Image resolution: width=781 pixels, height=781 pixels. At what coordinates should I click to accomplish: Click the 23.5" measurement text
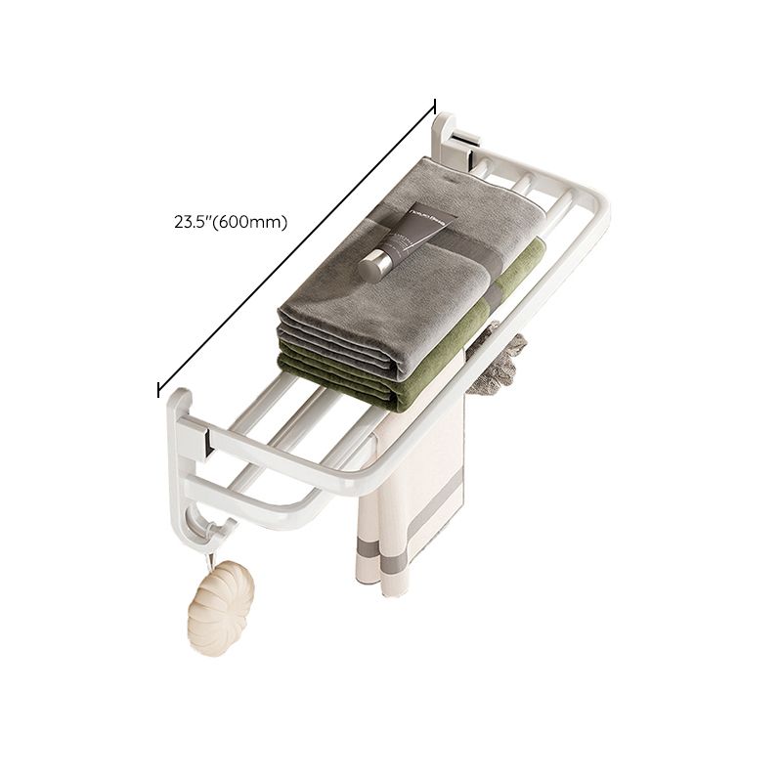[191, 222]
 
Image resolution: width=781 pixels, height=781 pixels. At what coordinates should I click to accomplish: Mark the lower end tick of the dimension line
[158, 389]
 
